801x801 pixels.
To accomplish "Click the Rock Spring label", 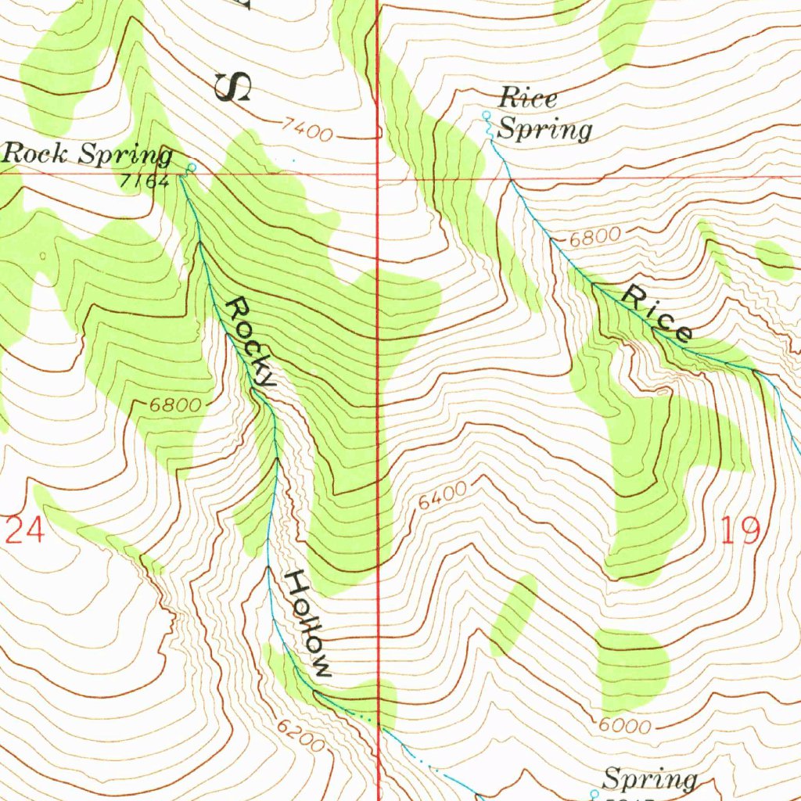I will [x=87, y=155].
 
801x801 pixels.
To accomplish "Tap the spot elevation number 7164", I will [x=145, y=181].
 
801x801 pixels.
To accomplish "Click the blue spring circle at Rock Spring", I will [x=192, y=167].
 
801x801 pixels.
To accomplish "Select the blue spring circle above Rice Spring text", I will [x=485, y=116].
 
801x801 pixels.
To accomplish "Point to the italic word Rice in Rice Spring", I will [x=528, y=99].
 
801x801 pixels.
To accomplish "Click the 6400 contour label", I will [x=442, y=497].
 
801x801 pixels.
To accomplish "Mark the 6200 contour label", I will [x=300, y=736].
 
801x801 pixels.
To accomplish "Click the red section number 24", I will [x=23, y=531].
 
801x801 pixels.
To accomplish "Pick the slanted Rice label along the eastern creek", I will [x=657, y=314].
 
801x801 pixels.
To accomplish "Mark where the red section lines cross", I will [x=378, y=176].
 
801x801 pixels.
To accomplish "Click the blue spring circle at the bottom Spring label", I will [x=593, y=793].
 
